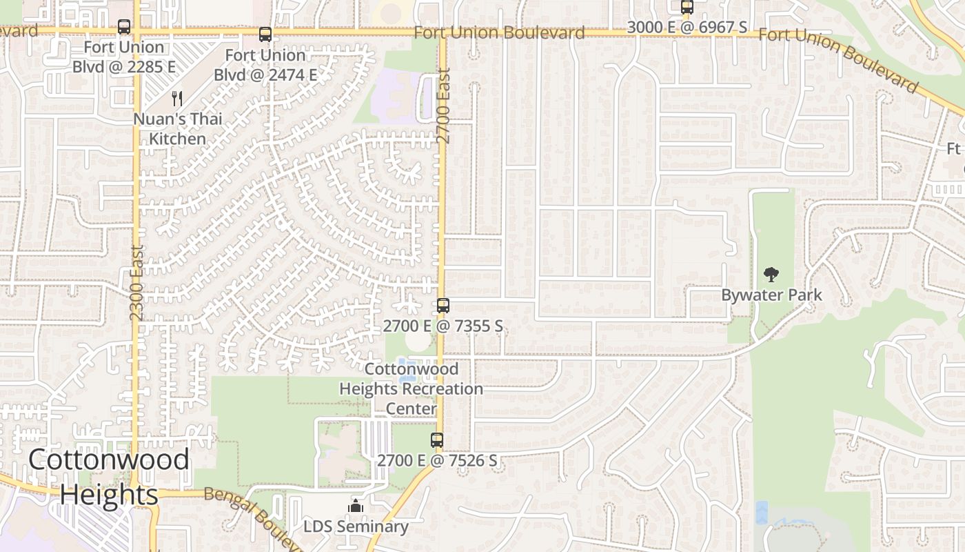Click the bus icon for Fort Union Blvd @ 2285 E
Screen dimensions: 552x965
[x=124, y=27]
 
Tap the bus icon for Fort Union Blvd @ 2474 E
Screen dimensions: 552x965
[x=265, y=34]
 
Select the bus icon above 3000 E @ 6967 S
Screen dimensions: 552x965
[x=687, y=8]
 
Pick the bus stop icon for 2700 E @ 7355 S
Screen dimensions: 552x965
[x=443, y=305]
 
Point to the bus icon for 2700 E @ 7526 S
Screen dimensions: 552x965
[x=437, y=440]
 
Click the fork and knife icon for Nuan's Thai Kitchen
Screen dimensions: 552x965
[x=177, y=99]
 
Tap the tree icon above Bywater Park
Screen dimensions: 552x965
[x=771, y=275]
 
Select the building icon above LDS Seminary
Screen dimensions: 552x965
[x=356, y=506]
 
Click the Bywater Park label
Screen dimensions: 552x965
[x=771, y=295]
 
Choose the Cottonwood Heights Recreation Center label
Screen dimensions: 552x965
[x=412, y=388]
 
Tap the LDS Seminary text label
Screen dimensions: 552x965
[x=356, y=526]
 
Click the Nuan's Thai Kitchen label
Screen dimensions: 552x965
[x=178, y=128]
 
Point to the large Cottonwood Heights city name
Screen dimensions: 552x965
[x=109, y=477]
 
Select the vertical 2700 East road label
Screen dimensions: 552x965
[x=444, y=105]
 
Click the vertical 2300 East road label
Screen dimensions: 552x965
[x=136, y=282]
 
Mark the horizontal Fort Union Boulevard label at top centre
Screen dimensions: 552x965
[x=500, y=32]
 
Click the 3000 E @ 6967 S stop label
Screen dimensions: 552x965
[x=687, y=28]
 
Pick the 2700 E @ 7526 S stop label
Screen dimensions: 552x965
[x=437, y=460]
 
